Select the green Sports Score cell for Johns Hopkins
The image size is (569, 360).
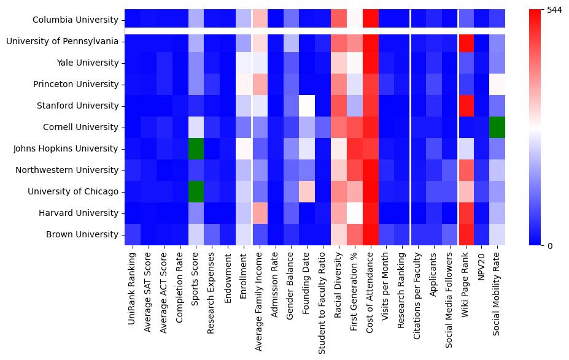[x=196, y=148]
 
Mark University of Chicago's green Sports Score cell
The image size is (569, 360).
[x=196, y=191]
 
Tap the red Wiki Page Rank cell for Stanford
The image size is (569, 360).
[x=466, y=105]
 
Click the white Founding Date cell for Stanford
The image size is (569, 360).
[x=307, y=105]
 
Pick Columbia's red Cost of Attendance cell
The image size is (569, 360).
[x=371, y=19]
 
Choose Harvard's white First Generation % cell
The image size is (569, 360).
[x=355, y=213]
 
